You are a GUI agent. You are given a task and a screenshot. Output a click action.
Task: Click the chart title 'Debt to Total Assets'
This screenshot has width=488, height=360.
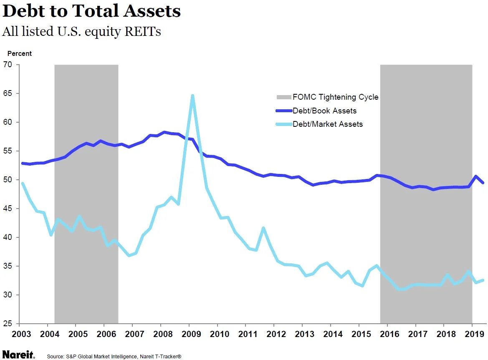click(91, 11)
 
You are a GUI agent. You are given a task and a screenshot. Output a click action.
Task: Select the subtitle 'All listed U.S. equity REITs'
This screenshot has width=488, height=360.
click(81, 32)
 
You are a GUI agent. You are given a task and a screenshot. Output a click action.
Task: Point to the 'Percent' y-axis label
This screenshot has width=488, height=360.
click(19, 53)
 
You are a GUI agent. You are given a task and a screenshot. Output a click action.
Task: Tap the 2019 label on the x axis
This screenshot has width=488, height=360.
click(472, 334)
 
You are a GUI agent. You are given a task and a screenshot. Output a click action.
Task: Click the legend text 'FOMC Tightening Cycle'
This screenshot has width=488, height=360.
click(335, 97)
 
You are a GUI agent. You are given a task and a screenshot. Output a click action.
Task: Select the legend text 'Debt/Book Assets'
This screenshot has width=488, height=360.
click(324, 111)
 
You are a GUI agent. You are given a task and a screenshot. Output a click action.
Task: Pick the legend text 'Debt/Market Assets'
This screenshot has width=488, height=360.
click(327, 124)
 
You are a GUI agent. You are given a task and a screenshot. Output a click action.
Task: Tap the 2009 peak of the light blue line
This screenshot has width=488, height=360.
click(192, 96)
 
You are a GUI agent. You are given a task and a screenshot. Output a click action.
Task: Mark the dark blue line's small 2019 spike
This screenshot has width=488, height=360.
click(476, 176)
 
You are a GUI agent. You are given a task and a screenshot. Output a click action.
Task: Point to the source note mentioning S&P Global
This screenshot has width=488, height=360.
click(114, 357)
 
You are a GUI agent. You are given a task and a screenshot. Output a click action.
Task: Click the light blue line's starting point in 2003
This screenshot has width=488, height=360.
click(22, 183)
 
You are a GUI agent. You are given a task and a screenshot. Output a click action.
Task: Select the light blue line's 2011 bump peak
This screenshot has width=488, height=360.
click(263, 228)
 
